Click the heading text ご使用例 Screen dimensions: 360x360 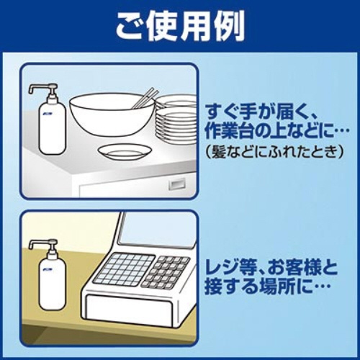coord(181,27)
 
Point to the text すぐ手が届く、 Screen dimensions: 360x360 coord(273,114)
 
